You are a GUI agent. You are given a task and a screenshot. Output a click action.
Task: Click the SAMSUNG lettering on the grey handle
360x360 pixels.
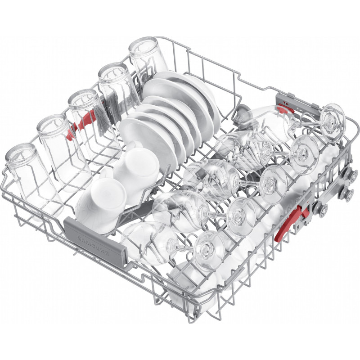(x=94, y=245)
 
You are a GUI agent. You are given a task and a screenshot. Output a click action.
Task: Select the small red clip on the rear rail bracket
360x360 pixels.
(x=286, y=108)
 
